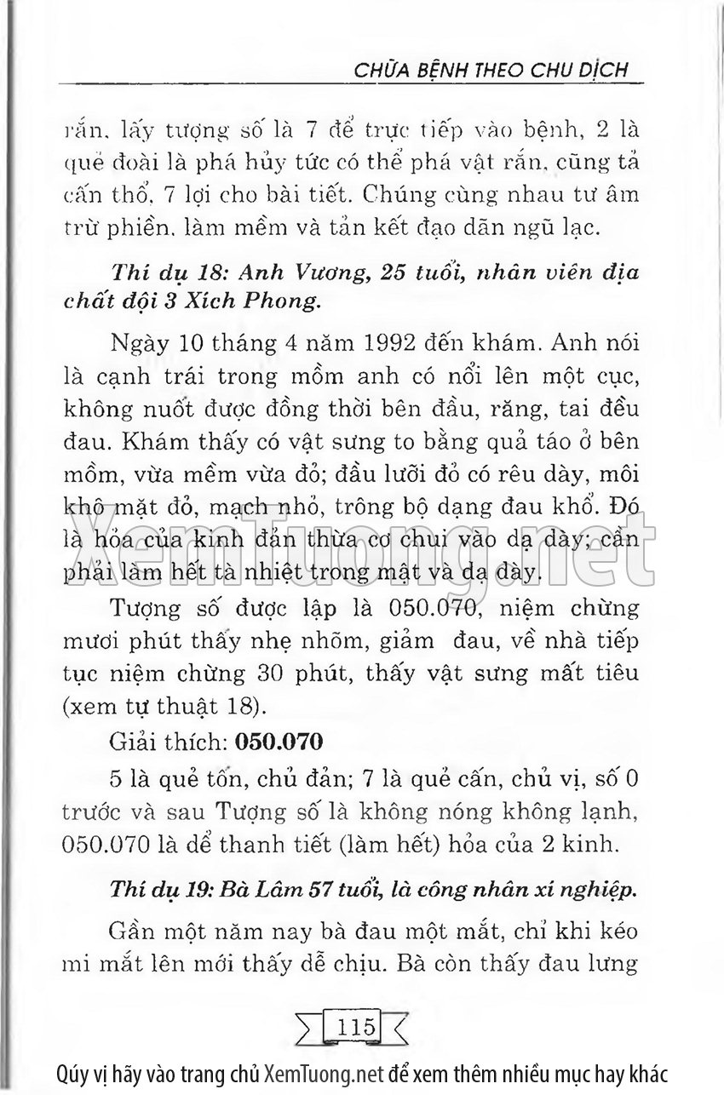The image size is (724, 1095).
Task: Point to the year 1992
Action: (x=371, y=347)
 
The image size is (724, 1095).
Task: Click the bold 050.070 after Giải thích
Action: (x=278, y=742)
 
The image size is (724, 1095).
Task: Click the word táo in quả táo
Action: (x=527, y=443)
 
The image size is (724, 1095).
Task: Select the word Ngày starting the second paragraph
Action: (x=139, y=347)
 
